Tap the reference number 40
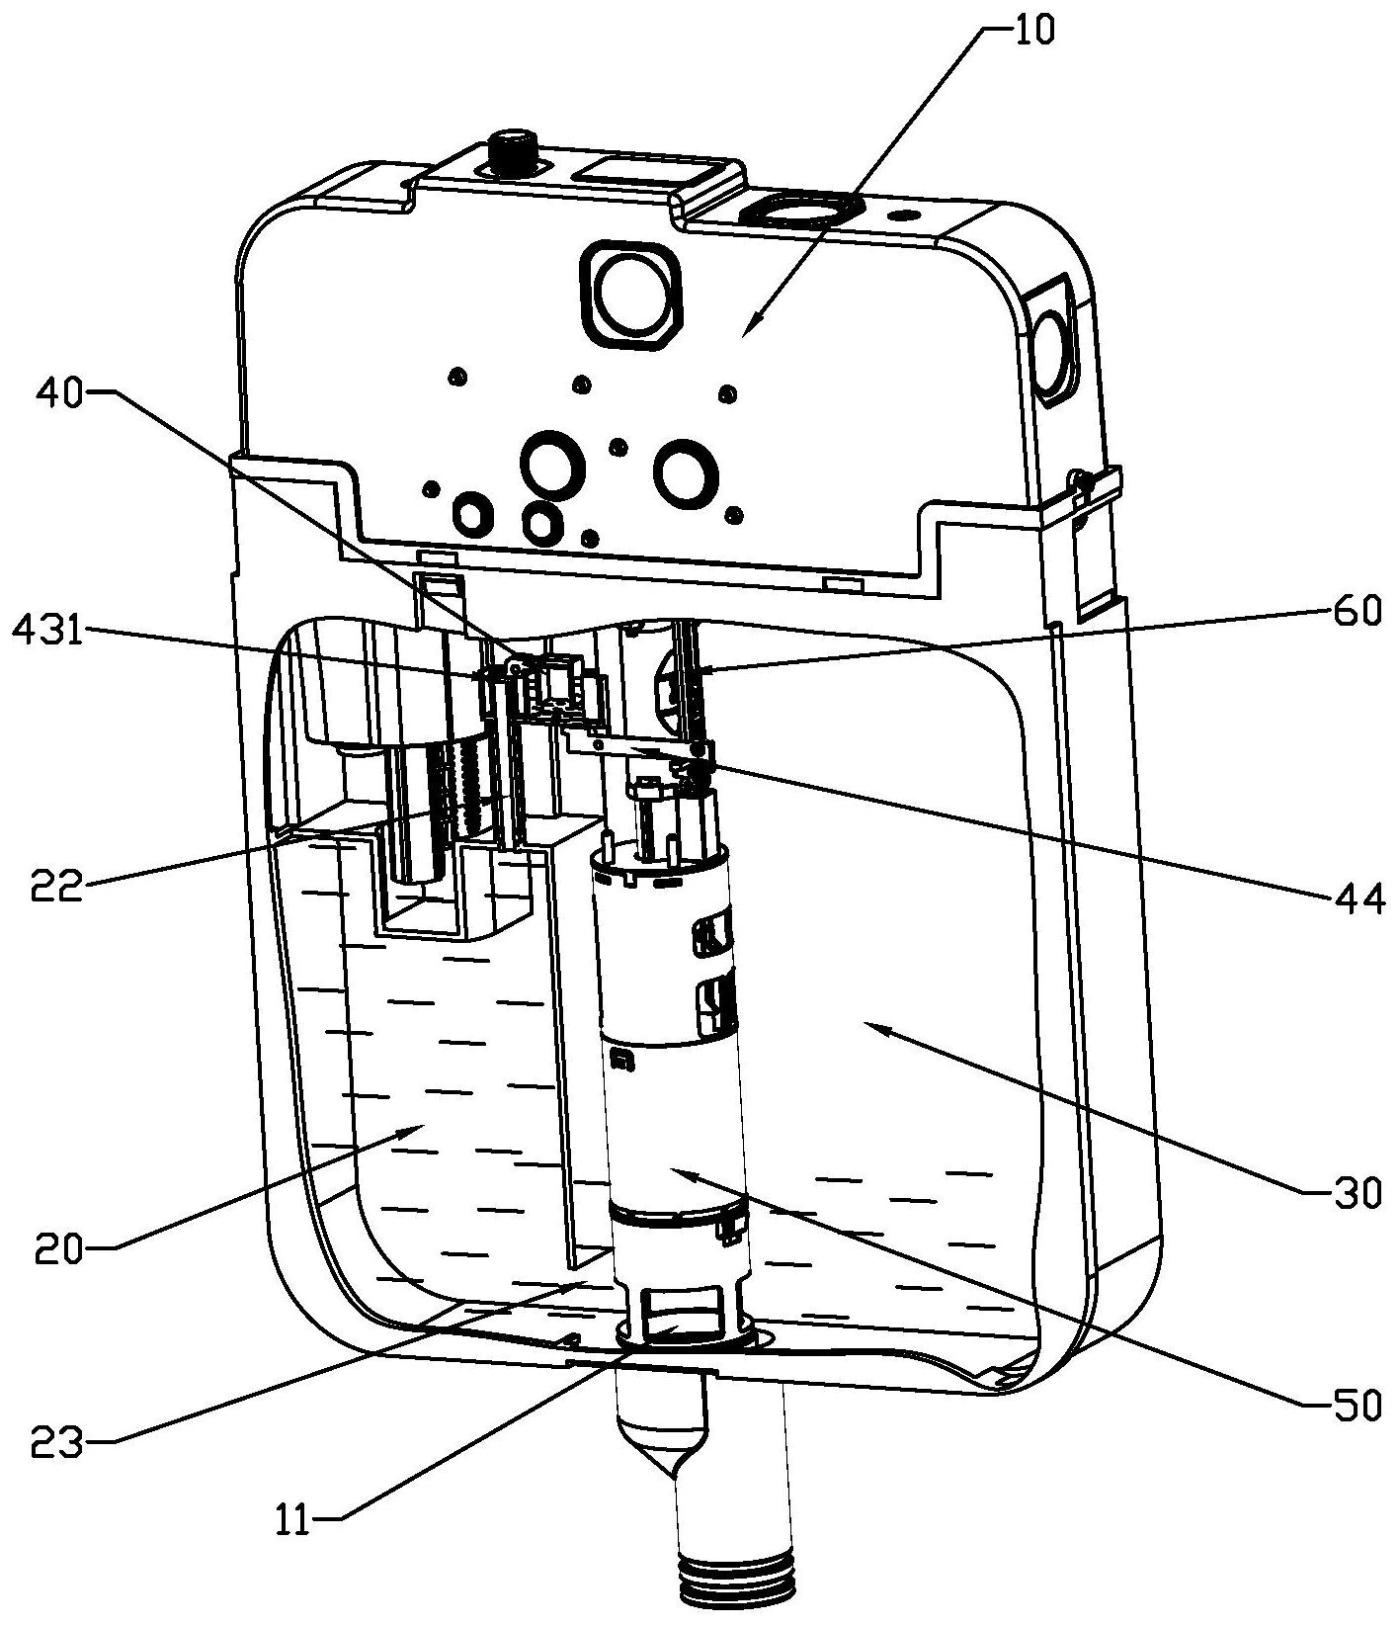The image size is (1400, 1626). pyautogui.click(x=60, y=393)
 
